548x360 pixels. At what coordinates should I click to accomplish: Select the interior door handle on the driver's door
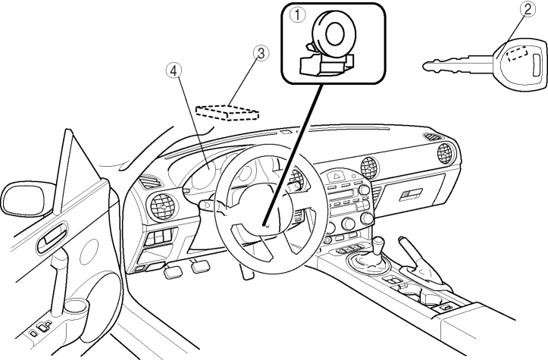pyautogui.click(x=53, y=241)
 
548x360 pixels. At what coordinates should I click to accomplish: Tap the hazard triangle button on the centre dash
pyautogui.click(x=333, y=176)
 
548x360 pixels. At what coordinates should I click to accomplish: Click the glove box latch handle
pyautogui.click(x=412, y=195)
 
